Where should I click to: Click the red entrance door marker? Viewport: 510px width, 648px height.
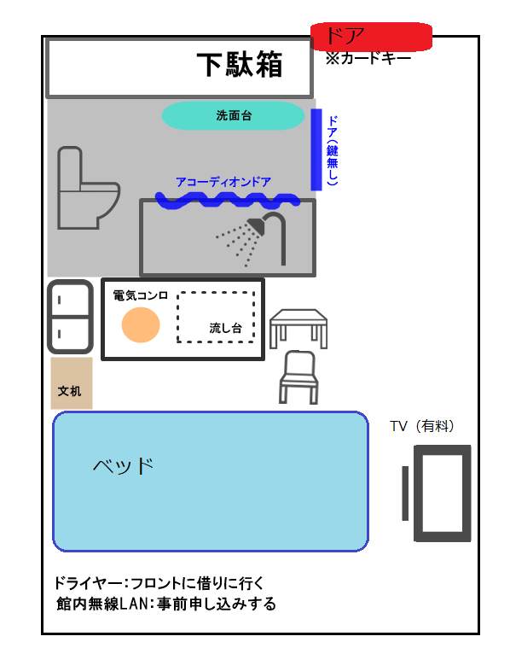(x=371, y=37)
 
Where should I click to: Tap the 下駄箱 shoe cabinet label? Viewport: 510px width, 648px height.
(x=240, y=65)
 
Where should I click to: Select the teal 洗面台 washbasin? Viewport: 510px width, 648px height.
(x=234, y=116)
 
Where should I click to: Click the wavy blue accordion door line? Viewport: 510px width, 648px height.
(x=228, y=200)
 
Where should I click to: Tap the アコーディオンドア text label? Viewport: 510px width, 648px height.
(x=223, y=182)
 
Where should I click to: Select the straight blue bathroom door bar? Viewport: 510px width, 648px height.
(x=316, y=149)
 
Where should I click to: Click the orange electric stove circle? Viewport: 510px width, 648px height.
(x=141, y=324)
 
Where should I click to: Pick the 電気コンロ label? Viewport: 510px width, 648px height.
(x=141, y=295)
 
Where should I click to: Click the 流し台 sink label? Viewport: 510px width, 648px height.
(x=225, y=328)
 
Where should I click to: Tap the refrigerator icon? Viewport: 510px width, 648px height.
(x=70, y=317)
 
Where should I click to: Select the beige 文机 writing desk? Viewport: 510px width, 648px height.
(x=72, y=383)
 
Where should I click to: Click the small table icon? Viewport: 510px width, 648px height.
(x=298, y=329)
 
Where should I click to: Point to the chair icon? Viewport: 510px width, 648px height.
(x=298, y=377)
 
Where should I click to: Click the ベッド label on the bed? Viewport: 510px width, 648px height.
(x=123, y=466)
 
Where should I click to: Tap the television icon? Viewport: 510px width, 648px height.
(x=437, y=493)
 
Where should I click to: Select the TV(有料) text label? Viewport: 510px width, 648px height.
(x=422, y=426)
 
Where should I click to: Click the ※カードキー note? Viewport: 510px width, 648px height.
(x=368, y=58)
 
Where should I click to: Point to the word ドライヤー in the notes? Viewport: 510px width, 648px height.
(x=89, y=583)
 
